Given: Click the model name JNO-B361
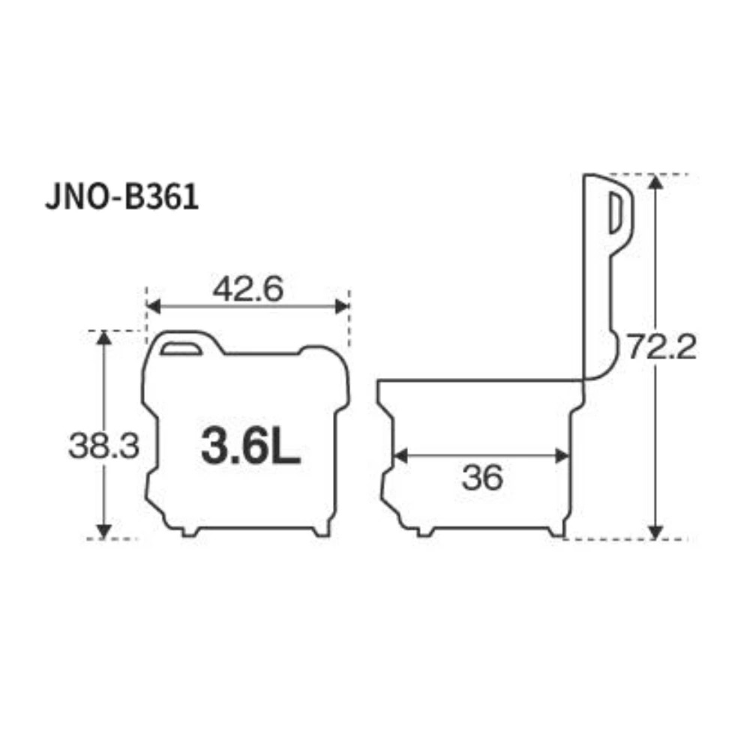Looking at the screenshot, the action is (x=121, y=197).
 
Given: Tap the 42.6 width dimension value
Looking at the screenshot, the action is (x=247, y=289).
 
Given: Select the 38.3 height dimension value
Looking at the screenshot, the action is (x=103, y=446).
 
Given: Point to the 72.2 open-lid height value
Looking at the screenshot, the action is (x=662, y=346).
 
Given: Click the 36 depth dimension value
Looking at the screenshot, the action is (x=482, y=477).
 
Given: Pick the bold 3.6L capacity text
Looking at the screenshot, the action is (x=250, y=446).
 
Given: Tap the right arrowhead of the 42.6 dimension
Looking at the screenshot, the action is (x=343, y=306).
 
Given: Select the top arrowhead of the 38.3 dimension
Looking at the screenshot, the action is (x=103, y=337).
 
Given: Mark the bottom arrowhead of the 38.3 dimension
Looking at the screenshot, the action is (x=103, y=531).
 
